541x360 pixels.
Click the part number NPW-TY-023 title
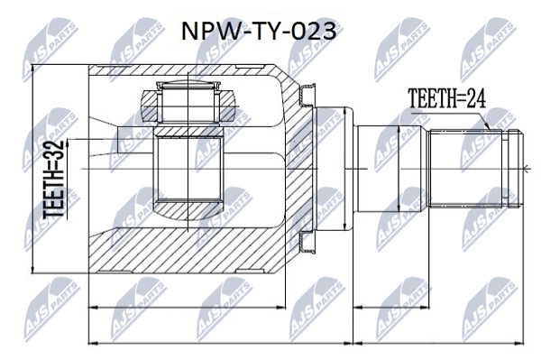[x=259, y=32]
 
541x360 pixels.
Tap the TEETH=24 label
[x=447, y=98]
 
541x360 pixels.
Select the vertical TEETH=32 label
[x=54, y=180]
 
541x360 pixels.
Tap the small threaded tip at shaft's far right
[x=516, y=169]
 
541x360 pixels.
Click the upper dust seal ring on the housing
[x=307, y=95]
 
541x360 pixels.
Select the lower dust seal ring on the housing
[x=307, y=243]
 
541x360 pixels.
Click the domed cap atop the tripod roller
[x=188, y=85]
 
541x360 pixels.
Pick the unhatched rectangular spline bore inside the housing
[x=188, y=169]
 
